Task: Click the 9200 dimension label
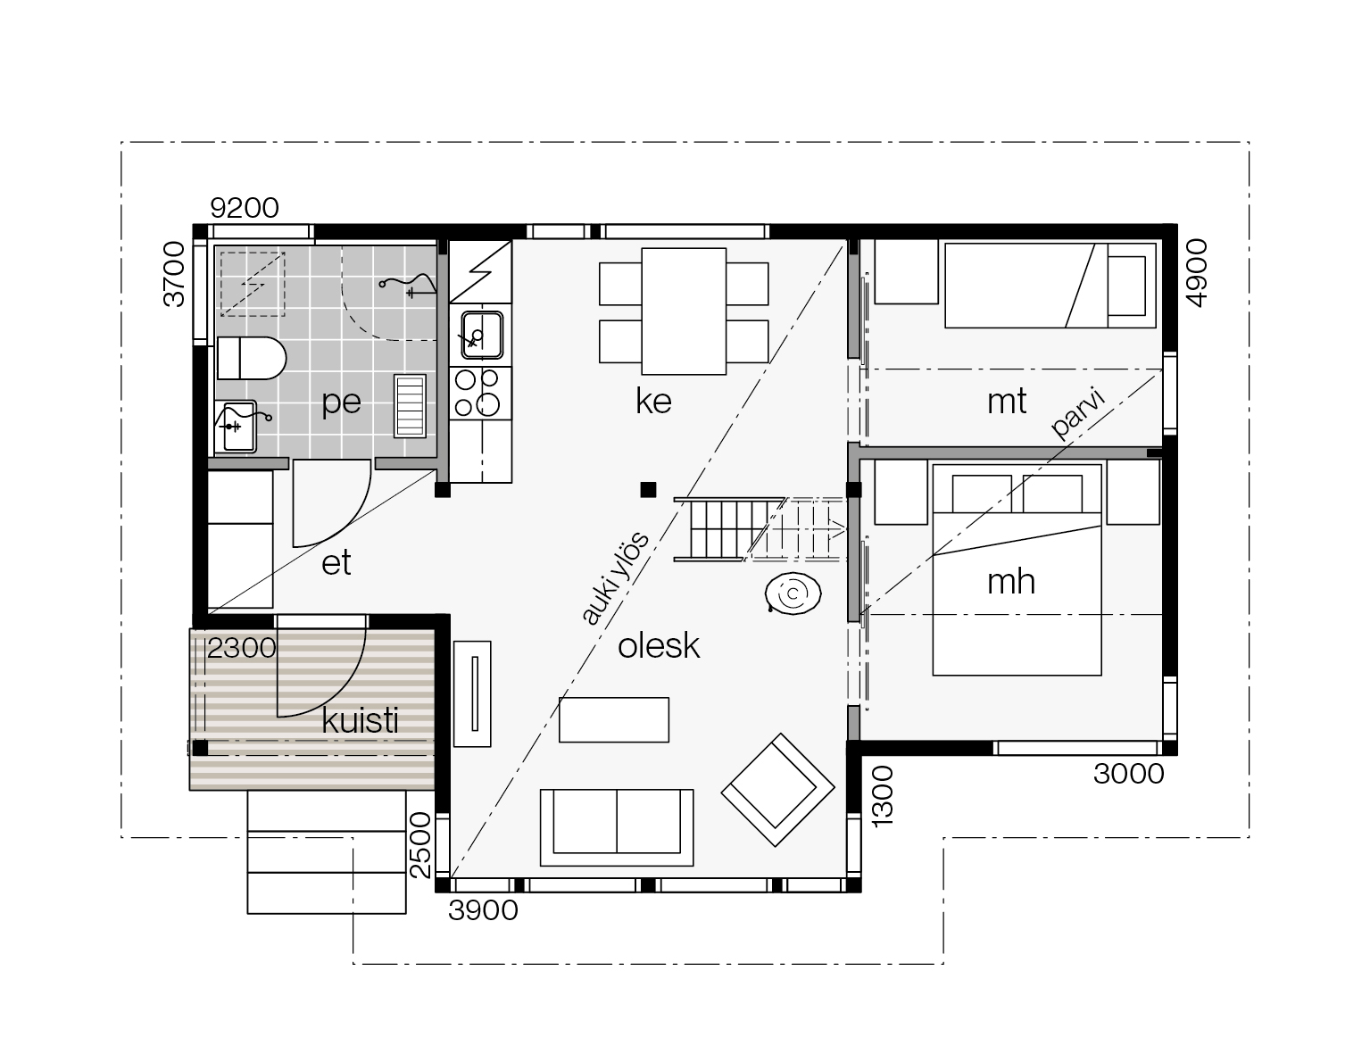pyautogui.click(x=244, y=208)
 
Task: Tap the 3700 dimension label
pyautogui.click(x=174, y=274)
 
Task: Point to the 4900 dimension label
pyautogui.click(x=1197, y=273)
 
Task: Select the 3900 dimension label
pyautogui.click(x=483, y=910)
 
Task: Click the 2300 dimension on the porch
pyautogui.click(x=242, y=648)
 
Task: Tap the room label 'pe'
pyautogui.click(x=341, y=403)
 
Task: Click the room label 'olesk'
pyautogui.click(x=658, y=646)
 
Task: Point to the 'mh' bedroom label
pyautogui.click(x=1010, y=582)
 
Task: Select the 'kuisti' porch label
pyautogui.click(x=360, y=720)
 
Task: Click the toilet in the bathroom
pyautogui.click(x=252, y=358)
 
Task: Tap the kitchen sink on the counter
pyautogui.click(x=482, y=335)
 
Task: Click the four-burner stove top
pyautogui.click(x=480, y=393)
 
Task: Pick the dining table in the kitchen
pyautogui.click(x=684, y=311)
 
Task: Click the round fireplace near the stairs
pyautogui.click(x=793, y=593)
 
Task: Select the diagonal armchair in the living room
pyautogui.click(x=778, y=789)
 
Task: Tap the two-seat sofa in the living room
pyautogui.click(x=617, y=827)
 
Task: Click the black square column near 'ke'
pyautogui.click(x=648, y=490)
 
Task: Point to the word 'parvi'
pyautogui.click(x=1079, y=413)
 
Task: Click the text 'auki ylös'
pyautogui.click(x=613, y=578)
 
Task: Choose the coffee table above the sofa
pyautogui.click(x=614, y=720)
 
